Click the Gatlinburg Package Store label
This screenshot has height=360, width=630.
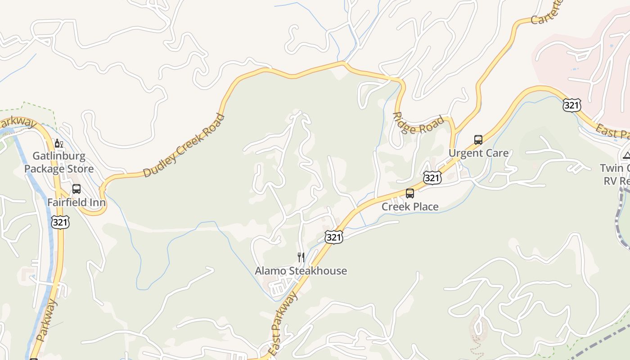(59, 163)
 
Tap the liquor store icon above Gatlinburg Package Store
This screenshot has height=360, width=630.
(58, 144)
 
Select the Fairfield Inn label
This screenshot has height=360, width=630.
(76, 202)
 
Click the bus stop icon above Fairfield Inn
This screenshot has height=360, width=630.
(76, 189)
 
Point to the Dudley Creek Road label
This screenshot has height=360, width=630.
(184, 145)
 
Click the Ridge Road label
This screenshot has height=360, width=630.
(418, 123)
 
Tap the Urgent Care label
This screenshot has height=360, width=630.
(478, 153)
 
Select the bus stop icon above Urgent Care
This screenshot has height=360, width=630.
(478, 140)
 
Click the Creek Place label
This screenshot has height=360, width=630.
(410, 207)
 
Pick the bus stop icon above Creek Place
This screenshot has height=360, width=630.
(410, 193)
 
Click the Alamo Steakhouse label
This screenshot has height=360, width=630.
(301, 270)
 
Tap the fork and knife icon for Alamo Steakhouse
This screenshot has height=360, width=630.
(301, 257)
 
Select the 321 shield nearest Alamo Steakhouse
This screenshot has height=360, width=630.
(333, 237)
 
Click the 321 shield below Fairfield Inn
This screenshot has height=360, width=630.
(60, 222)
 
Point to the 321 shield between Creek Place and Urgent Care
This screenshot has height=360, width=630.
(432, 178)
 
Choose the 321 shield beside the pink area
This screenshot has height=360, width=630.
(571, 105)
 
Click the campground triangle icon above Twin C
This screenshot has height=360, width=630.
(626, 156)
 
